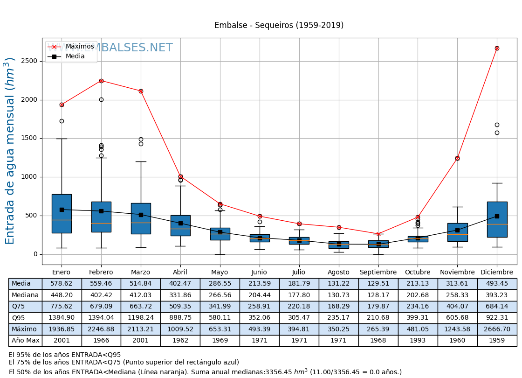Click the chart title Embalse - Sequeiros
pyautogui.click(x=279, y=25)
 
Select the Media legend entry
pyautogui.click(x=75, y=56)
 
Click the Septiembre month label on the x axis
pyautogui.click(x=378, y=273)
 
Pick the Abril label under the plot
pyautogui.click(x=180, y=273)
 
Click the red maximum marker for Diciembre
pyautogui.click(x=497, y=48)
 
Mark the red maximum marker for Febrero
pyautogui.click(x=101, y=81)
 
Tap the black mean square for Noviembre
pyautogui.click(x=457, y=230)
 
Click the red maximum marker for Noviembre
pyautogui.click(x=457, y=158)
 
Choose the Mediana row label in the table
pyautogui.click(x=25, y=295)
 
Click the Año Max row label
pyautogui.click(x=25, y=341)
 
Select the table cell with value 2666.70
pyautogui.click(x=497, y=329)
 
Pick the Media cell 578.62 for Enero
pyautogui.click(x=62, y=284)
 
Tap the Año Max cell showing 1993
pyautogui.click(x=418, y=341)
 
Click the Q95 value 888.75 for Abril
pyautogui.click(x=180, y=318)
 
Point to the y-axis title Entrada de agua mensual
pyautogui.click(x=10, y=151)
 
